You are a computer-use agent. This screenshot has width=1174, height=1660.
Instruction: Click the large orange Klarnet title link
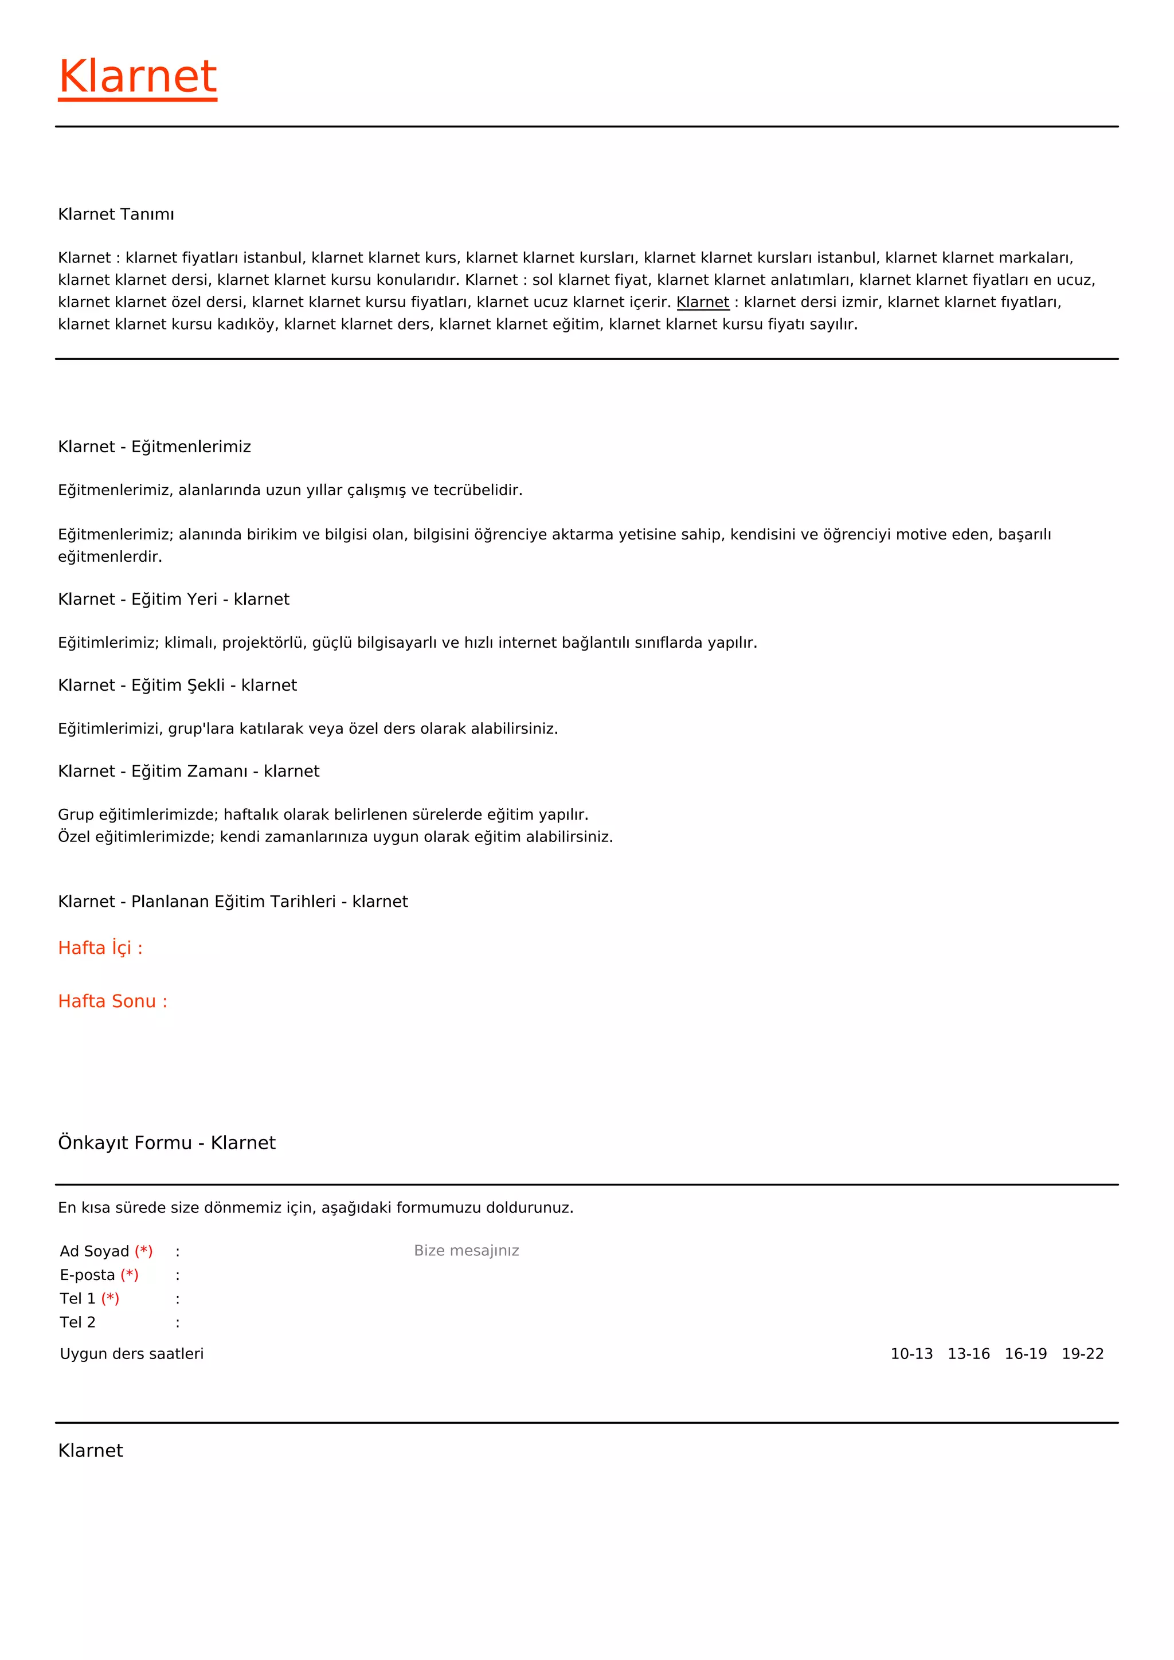pos(138,77)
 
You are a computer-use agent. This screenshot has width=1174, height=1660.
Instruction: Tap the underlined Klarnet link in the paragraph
pos(703,302)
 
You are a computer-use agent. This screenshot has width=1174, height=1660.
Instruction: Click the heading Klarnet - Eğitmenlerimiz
pos(154,447)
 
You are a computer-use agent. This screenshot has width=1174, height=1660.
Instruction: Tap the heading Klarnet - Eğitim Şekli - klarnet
pos(177,686)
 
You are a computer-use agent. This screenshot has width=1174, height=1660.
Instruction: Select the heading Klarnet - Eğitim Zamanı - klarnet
pos(188,772)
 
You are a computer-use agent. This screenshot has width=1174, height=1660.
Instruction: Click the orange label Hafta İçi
pos(100,948)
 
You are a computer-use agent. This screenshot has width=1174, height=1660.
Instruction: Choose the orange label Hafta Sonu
pos(112,1001)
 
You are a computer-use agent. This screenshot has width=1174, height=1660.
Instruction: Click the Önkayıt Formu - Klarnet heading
pos(166,1143)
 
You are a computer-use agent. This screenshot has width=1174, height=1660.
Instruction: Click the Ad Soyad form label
pos(94,1251)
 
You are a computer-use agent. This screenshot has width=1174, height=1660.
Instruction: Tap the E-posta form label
pos(87,1275)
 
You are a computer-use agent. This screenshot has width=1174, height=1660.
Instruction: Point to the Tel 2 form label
pos(77,1322)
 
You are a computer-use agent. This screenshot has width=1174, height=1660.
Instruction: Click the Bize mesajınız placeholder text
pos(466,1251)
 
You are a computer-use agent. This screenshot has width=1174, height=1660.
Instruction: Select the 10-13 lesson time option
pos(911,1354)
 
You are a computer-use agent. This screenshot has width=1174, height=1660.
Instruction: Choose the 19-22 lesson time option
pos(1082,1354)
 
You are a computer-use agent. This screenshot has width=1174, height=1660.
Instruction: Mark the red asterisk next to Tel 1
pos(110,1298)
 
